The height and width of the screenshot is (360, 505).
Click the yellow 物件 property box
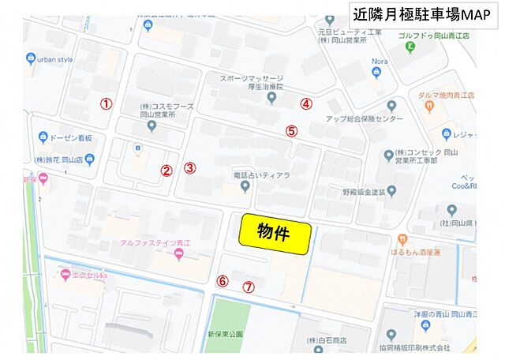[275, 234]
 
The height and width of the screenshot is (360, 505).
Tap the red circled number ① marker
[107, 103]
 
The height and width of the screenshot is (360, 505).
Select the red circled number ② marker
[166, 169]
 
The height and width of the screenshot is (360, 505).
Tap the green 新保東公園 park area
[228, 324]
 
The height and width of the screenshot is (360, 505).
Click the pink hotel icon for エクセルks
[64, 276]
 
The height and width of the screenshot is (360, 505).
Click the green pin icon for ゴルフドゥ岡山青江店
[411, 48]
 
